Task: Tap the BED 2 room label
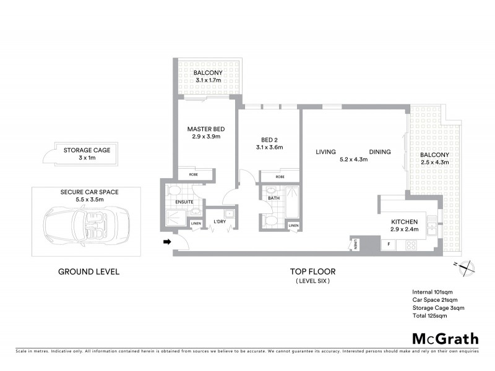(269, 140)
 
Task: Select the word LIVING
(325, 152)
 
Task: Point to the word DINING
(380, 152)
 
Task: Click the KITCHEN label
(405, 222)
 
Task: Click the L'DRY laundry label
(219, 222)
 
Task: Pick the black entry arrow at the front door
(166, 242)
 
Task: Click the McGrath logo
(445, 338)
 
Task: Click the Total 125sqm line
(429, 316)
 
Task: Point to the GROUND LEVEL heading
(88, 271)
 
